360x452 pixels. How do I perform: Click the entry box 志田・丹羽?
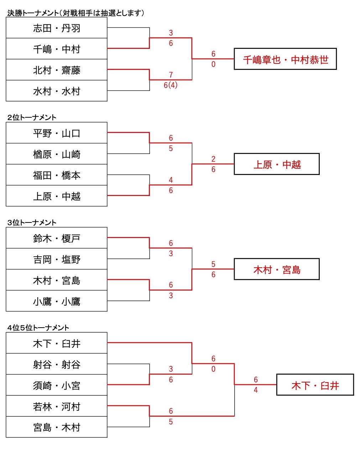click(57, 28)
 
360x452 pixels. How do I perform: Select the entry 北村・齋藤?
click(57, 70)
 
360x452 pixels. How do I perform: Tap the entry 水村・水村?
click(57, 91)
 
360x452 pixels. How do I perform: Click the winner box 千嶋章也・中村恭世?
click(285, 59)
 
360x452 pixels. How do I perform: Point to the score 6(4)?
click(171, 85)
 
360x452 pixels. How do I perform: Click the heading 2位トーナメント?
click(32, 117)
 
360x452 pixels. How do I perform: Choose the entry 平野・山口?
click(57, 133)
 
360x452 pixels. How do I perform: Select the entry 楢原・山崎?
click(57, 154)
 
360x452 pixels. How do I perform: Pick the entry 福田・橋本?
click(57, 175)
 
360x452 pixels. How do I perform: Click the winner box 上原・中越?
click(277, 164)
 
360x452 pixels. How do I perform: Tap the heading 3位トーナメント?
click(32, 222)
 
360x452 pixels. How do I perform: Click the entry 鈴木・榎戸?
click(57, 238)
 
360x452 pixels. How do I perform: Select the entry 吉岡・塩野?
click(57, 259)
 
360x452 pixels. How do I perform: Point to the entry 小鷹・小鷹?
click(57, 302)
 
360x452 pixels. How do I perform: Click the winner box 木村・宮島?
click(277, 269)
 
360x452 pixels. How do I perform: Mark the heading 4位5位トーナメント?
click(38, 328)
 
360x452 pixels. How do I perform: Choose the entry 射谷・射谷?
click(57, 364)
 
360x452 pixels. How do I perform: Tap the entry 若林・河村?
click(57, 406)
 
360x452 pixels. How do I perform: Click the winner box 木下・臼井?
click(315, 385)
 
